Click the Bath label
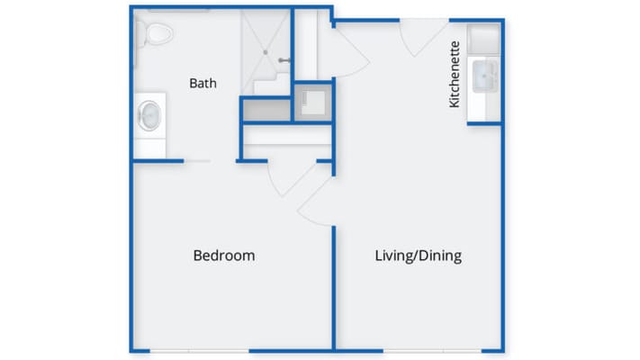point(203,84)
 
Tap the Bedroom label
point(224,256)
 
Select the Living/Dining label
point(418,256)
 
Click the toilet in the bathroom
point(157,34)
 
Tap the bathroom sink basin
point(149,115)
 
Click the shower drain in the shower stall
point(266,52)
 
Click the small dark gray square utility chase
point(313,103)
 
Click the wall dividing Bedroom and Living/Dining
point(334,288)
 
